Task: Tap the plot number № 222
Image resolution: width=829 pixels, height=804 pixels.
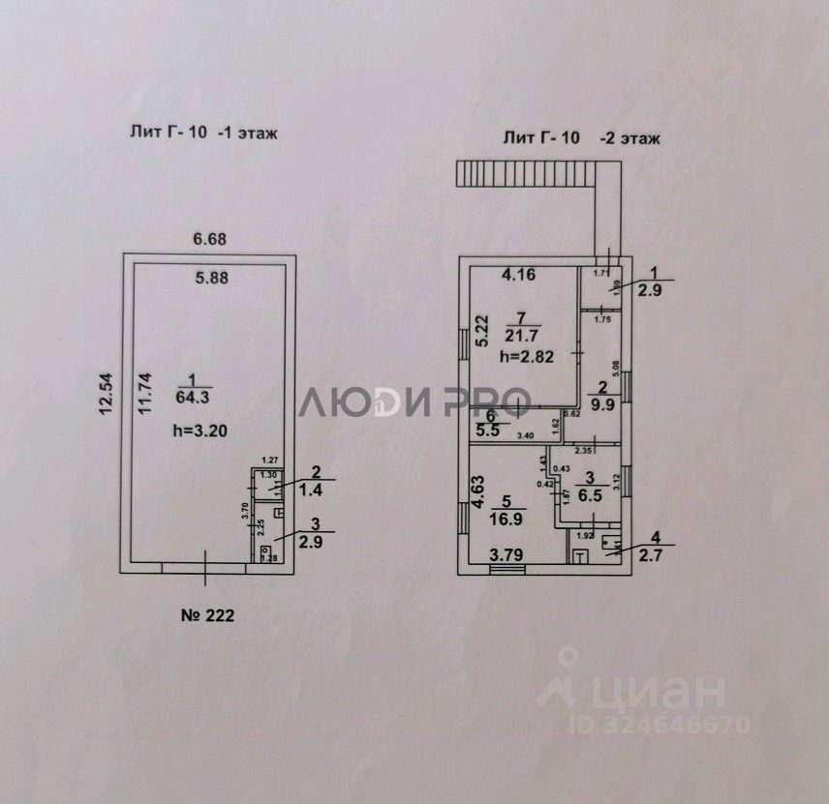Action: [x=206, y=614]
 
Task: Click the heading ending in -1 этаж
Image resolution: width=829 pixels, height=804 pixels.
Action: [x=203, y=134]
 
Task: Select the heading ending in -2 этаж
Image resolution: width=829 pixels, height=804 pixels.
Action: [x=581, y=138]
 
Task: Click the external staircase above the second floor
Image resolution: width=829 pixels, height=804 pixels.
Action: [x=528, y=173]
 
